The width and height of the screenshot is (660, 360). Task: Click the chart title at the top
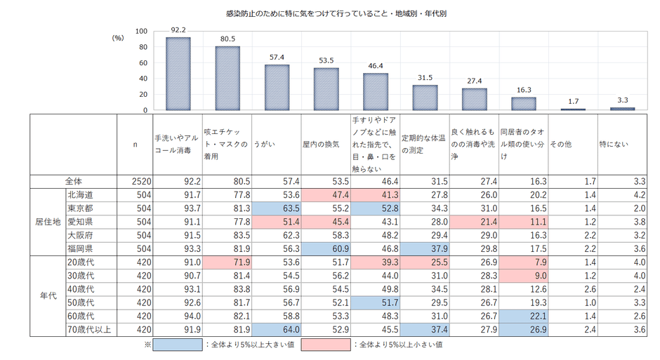(x=331, y=13)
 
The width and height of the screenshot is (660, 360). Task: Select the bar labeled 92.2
(x=178, y=74)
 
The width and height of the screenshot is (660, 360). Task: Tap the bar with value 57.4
(x=277, y=88)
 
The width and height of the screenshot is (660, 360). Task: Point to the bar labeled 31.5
(x=424, y=98)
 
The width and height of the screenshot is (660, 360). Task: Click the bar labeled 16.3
(x=523, y=104)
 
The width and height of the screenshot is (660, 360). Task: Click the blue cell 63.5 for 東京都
(x=277, y=208)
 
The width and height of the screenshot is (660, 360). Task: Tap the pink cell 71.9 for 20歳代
(x=227, y=261)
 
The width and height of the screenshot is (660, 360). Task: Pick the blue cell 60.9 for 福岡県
(x=326, y=248)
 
